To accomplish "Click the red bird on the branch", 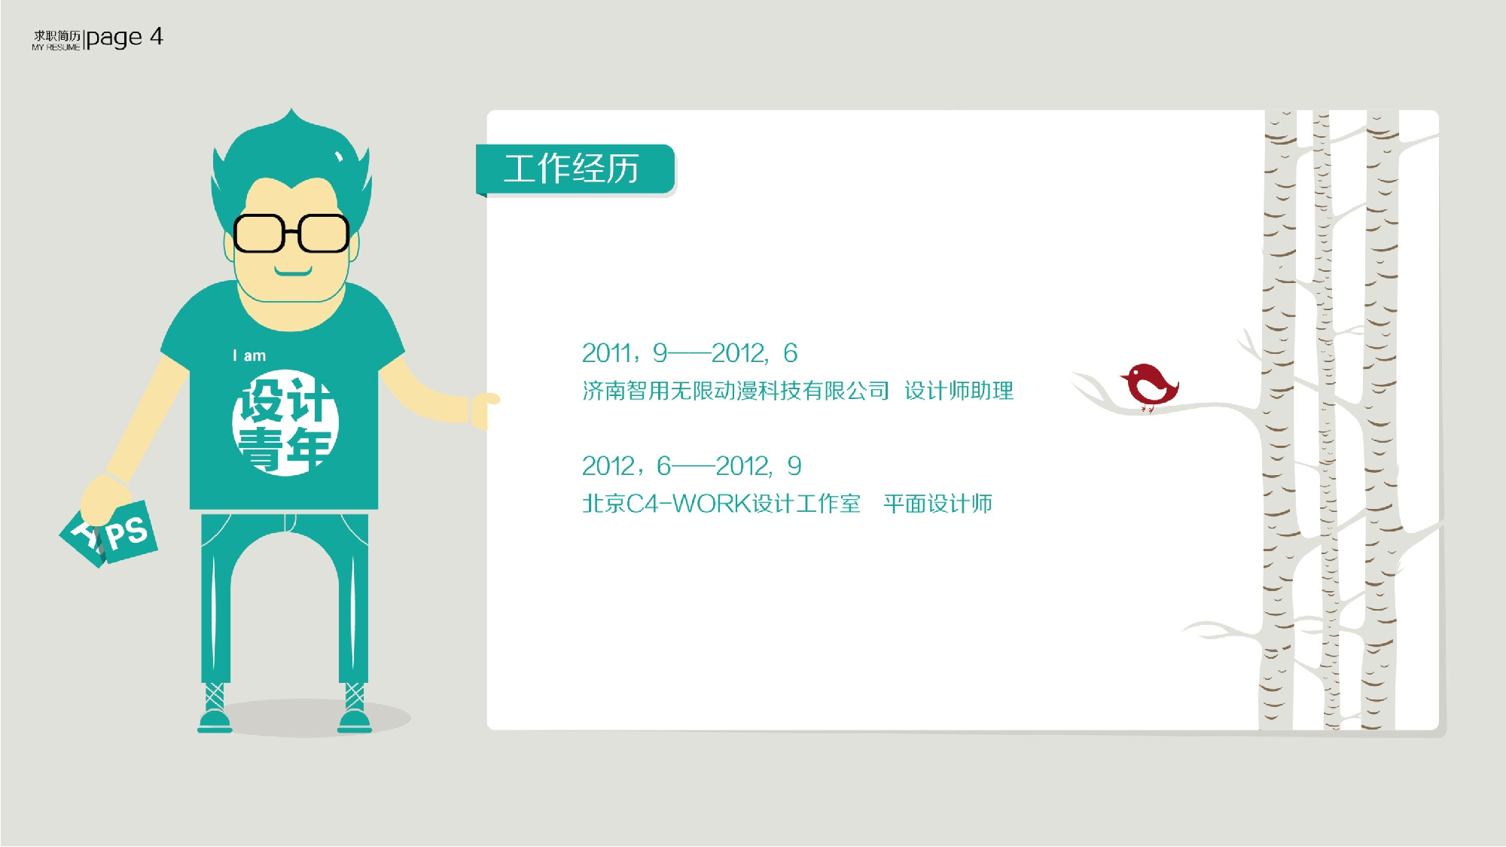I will [1149, 385].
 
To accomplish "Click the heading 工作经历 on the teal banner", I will [572, 169].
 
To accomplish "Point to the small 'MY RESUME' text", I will [56, 47].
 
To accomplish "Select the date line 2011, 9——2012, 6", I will [689, 353].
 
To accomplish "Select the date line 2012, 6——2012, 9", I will [691, 466].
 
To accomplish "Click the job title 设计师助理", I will [959, 391].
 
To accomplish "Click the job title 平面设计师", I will [937, 504].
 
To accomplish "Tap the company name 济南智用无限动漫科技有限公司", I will [736, 391].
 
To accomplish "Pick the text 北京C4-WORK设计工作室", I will [721, 504].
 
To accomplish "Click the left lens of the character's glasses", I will [258, 233].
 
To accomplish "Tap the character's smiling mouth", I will [293, 271].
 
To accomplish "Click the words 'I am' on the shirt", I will [249, 355].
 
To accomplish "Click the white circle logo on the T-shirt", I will [285, 422].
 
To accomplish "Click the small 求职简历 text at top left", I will [56, 35].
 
